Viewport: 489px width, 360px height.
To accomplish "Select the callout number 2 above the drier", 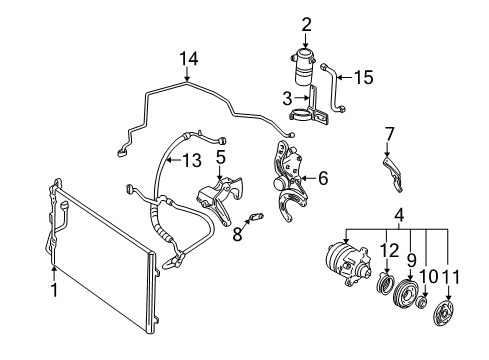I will click(307, 24).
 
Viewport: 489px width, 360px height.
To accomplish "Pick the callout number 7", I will click(391, 132).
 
